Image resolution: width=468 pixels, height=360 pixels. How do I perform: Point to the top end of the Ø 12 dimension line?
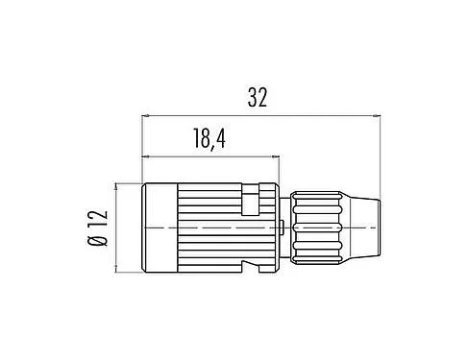click(117, 183)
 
